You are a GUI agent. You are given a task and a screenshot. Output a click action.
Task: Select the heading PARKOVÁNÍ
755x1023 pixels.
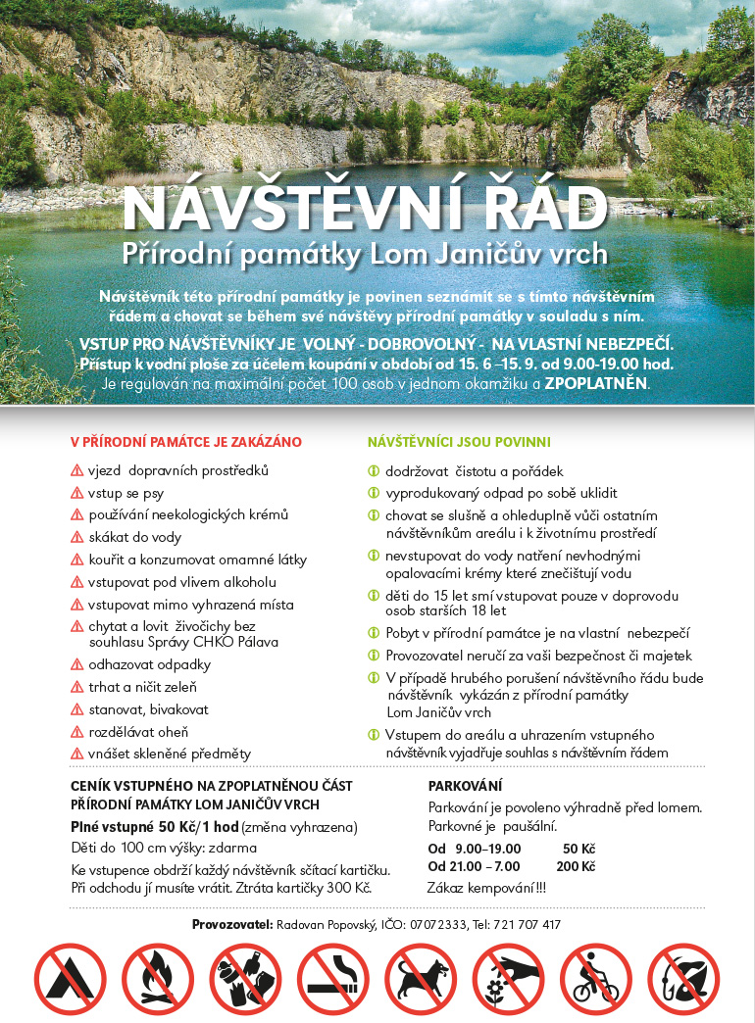(x=465, y=786)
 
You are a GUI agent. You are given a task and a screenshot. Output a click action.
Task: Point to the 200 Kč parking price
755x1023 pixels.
(x=576, y=866)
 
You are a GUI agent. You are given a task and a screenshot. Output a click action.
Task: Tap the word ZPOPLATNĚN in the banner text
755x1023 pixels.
(x=596, y=383)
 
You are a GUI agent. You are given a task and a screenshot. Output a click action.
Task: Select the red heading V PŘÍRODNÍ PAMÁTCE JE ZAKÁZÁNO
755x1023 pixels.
(x=186, y=442)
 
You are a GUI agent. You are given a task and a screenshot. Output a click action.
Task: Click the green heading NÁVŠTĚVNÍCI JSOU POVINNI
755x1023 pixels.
(x=459, y=442)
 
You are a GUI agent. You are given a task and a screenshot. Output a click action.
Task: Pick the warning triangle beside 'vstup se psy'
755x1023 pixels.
(x=77, y=492)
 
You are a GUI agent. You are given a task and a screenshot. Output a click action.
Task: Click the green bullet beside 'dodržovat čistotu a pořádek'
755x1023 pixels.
(x=373, y=471)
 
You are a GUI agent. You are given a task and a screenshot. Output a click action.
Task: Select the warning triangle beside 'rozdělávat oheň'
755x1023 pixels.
(x=77, y=731)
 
